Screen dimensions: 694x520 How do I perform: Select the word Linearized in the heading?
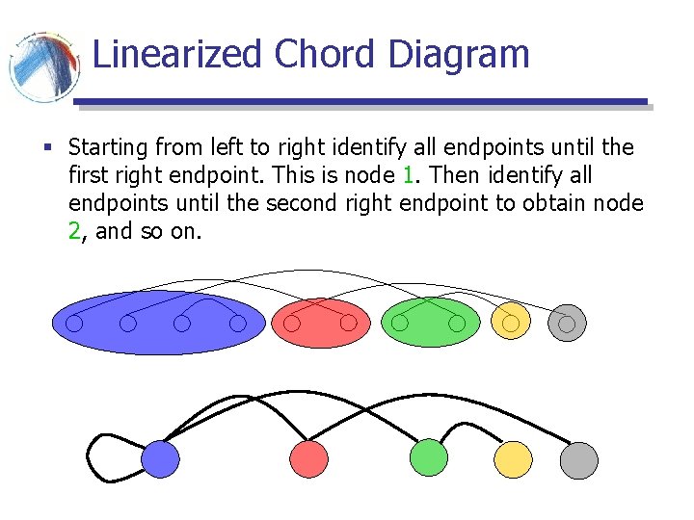178,54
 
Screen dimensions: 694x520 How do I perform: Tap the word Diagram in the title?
459,56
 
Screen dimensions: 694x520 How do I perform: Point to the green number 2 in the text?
75,231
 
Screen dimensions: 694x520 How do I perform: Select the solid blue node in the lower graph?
161,459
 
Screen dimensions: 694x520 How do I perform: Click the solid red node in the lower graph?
309,459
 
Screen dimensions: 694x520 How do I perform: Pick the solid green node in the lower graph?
429,458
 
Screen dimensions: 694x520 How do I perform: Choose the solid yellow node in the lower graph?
513,459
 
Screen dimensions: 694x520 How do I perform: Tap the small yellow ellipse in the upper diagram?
511,323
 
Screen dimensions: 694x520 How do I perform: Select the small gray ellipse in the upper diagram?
567,324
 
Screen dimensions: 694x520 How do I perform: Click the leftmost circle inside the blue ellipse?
73,325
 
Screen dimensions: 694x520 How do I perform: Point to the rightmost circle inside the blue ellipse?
238,325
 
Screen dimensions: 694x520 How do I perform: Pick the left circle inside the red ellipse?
292,325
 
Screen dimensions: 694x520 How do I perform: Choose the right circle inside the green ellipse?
457,324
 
